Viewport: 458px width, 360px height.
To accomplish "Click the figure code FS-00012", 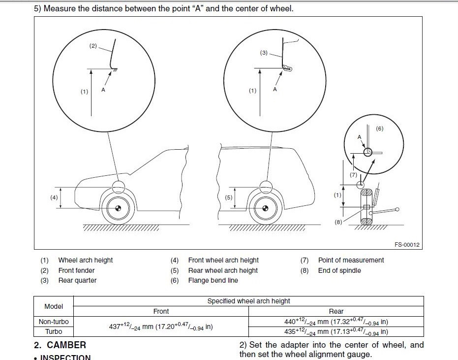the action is (x=407, y=245).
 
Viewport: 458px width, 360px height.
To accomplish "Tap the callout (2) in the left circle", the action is (x=93, y=46).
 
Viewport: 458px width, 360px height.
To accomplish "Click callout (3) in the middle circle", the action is (x=264, y=53).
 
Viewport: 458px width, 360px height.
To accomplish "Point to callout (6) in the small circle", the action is (x=379, y=129).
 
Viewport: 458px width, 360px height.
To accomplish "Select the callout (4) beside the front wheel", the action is (x=54, y=197).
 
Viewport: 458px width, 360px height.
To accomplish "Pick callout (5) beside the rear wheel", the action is (x=229, y=197).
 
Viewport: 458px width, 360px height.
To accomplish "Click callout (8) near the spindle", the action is (x=338, y=222).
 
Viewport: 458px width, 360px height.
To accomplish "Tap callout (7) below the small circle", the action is (x=353, y=175).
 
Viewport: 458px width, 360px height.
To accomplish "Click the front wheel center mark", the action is (x=118, y=208).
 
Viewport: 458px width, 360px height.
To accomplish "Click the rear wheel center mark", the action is (x=265, y=208).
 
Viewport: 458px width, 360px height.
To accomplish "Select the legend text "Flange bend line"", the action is (x=213, y=280).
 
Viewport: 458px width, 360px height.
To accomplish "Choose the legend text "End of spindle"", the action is (x=339, y=270).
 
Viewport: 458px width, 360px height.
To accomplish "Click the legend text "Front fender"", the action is (x=76, y=270).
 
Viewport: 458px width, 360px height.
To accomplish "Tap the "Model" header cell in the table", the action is (x=54, y=306).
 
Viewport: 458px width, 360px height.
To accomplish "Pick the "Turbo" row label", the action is (x=54, y=331).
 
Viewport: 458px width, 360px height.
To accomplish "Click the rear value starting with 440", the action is (x=336, y=322).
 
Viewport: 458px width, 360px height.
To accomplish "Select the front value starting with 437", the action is (x=161, y=327).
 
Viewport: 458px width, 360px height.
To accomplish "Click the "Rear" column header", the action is (x=336, y=311).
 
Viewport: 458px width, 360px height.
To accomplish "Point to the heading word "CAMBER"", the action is (x=66, y=345).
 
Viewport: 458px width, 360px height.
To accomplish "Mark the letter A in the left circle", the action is (x=103, y=90).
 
